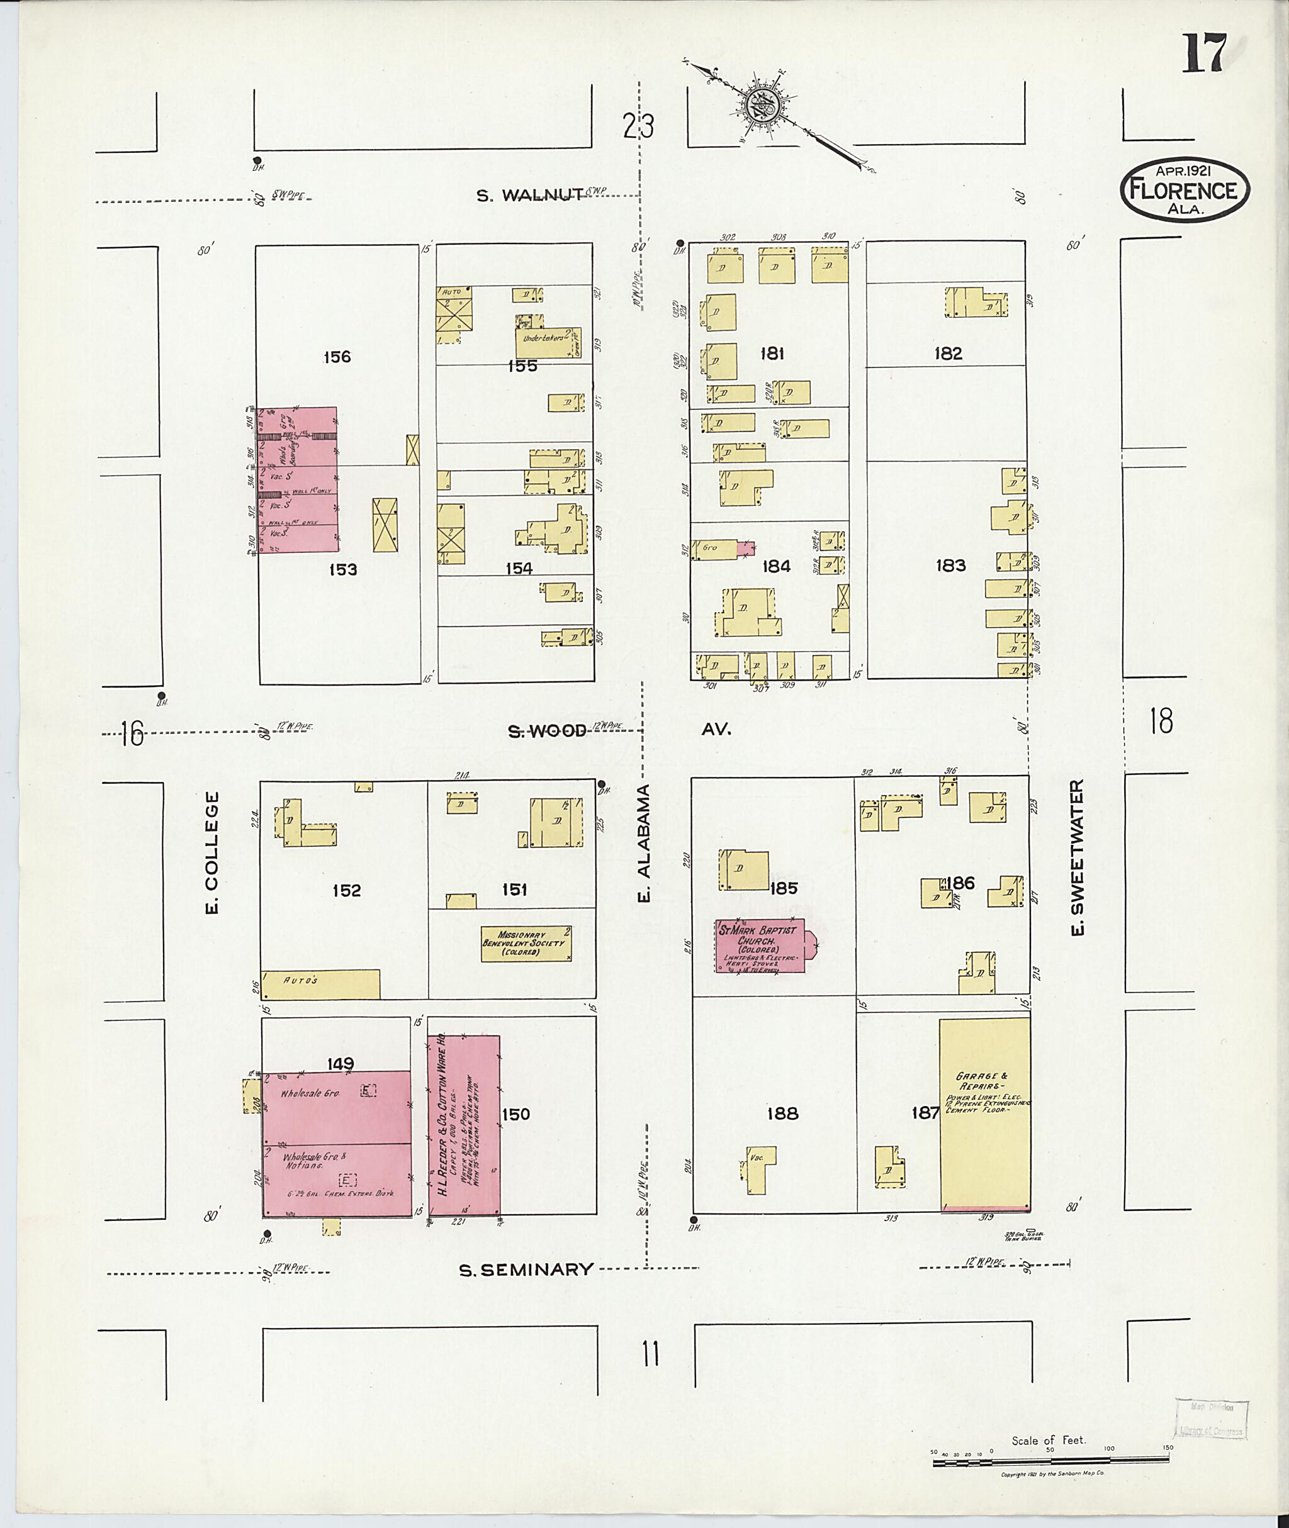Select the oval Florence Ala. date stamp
[x=1184, y=190]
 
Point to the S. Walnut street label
[x=529, y=195]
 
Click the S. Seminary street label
[x=526, y=1269]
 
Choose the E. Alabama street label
[x=644, y=843]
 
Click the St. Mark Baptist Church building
[x=759, y=946]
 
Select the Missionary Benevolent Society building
[x=526, y=944]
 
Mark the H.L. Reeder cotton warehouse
[x=463, y=1125]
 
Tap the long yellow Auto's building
[x=321, y=983]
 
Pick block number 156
[x=337, y=357]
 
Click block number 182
[x=948, y=354]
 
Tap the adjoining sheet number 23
[x=638, y=126]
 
